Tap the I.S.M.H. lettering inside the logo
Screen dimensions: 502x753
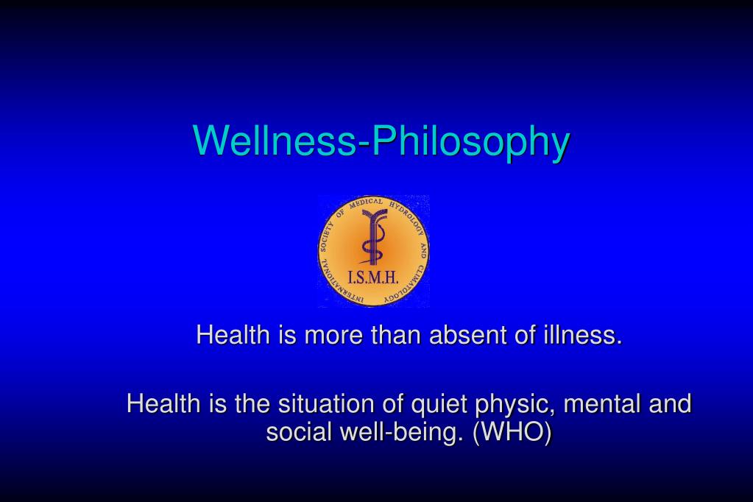374,277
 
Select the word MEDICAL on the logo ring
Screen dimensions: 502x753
366,204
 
